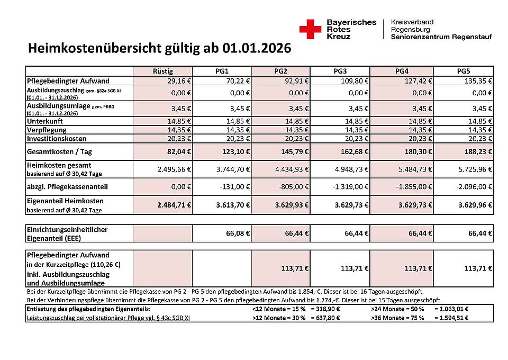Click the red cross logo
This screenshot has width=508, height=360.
[x=310, y=29]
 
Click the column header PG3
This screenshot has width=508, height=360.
[x=340, y=71]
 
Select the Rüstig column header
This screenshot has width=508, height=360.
[x=163, y=71]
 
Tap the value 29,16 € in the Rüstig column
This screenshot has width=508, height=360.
[x=175, y=81]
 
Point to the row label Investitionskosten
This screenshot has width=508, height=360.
[x=57, y=138]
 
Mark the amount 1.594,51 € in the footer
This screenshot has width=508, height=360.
[x=451, y=318]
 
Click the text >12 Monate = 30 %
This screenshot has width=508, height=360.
[x=279, y=318]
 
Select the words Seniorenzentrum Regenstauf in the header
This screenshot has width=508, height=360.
[x=441, y=37]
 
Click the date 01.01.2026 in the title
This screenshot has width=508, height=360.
[x=257, y=49]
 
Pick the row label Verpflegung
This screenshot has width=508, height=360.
[x=47, y=130]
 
